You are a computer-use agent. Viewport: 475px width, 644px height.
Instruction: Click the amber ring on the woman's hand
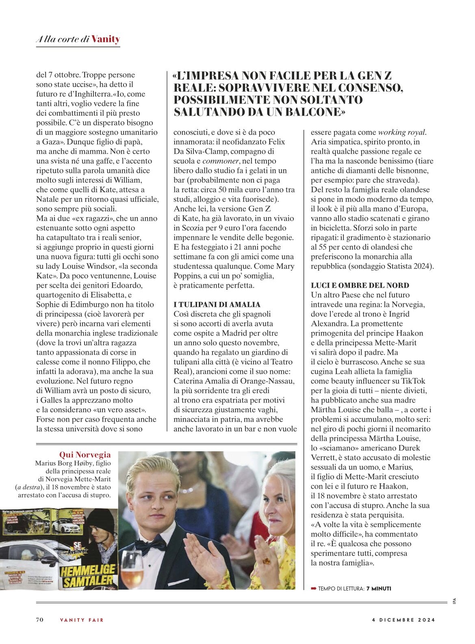point(267,560)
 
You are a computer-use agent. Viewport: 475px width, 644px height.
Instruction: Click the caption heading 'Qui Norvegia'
point(85,455)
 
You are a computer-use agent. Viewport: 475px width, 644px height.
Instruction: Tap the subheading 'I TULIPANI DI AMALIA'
point(217,304)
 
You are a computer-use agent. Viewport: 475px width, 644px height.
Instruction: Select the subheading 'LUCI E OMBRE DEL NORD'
point(360,285)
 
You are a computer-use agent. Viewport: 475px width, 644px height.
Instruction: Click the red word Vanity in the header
point(106,39)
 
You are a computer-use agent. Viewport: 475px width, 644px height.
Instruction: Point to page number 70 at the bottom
point(40,620)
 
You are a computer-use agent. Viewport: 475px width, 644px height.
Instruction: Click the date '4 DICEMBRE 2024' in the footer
point(403,620)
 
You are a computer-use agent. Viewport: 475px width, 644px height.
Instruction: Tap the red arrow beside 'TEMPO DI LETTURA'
point(313,588)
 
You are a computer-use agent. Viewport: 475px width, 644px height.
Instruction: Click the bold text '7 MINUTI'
point(379,588)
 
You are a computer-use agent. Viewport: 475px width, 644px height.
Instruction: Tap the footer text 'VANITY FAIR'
point(82,620)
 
